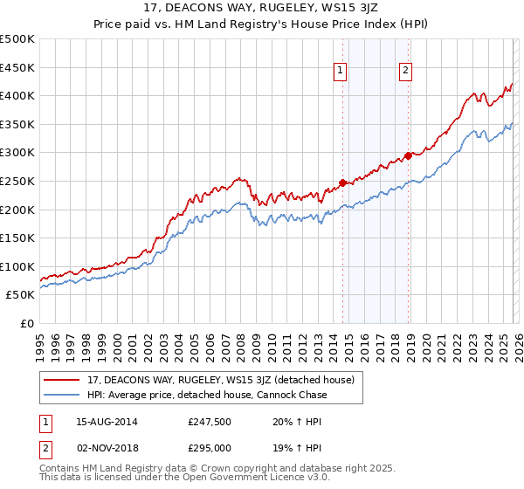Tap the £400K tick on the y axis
point(17,95)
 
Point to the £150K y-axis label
point(17,238)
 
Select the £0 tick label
point(26,323)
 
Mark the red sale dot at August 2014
point(342,183)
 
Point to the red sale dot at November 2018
point(408,155)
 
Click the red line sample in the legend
point(63,381)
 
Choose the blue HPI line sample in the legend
point(63,395)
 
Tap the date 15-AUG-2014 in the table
point(100,421)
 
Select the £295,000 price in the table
point(209,447)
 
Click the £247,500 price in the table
point(209,421)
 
